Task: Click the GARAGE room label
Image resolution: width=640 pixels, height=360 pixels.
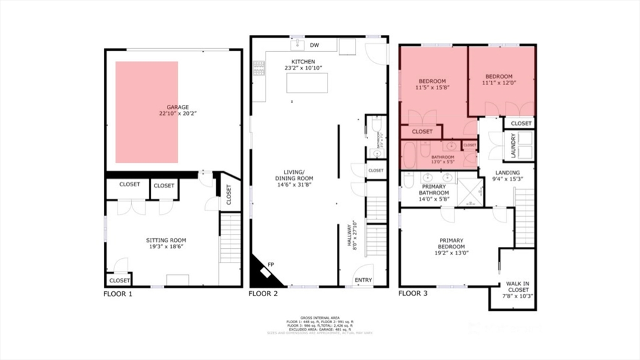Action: [x=173, y=107]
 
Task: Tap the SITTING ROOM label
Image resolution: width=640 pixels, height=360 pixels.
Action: [x=166, y=240]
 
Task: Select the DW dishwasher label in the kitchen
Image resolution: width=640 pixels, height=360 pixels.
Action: [x=314, y=46]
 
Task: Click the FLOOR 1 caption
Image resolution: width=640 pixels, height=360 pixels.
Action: [x=118, y=293]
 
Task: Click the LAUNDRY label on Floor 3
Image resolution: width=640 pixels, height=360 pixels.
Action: [x=512, y=146]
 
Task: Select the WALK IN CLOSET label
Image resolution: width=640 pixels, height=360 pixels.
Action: [x=518, y=286]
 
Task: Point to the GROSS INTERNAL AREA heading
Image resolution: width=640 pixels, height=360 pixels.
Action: [x=319, y=317]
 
